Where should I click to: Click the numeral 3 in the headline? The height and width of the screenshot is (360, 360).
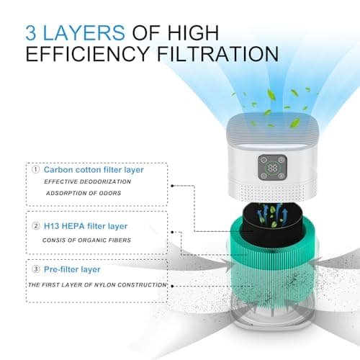click(30, 32)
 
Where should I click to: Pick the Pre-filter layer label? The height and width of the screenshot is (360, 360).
click(76, 269)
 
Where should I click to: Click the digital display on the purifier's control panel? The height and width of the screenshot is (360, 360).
click(274, 167)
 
